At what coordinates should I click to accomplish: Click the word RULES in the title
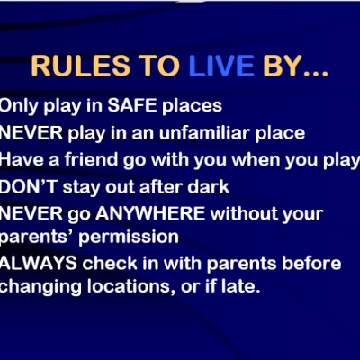coord(81,66)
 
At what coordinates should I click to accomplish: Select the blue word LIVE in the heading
coord(221,66)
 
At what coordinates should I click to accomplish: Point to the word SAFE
coord(132,105)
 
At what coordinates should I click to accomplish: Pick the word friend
coord(91,159)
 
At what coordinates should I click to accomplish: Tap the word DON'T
coord(29,187)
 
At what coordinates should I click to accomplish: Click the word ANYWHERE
coord(150,213)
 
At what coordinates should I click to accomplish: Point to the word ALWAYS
coord(39,263)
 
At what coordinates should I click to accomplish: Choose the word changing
coord(40,288)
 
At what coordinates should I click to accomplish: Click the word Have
coord(21,159)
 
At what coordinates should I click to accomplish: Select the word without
coord(243,213)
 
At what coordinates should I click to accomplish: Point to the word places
coord(192,107)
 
